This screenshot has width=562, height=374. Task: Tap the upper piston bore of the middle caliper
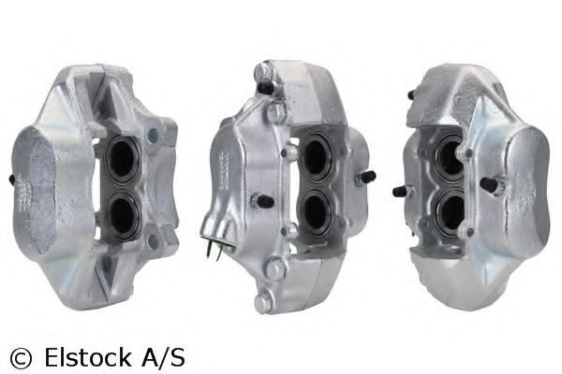(316, 157)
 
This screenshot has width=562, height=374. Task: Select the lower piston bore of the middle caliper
(317, 211)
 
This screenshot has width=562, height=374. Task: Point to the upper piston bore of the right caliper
(449, 158)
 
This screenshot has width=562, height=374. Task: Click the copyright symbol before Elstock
(21, 358)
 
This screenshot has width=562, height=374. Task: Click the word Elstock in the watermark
(87, 358)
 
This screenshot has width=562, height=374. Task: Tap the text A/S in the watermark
(163, 358)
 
